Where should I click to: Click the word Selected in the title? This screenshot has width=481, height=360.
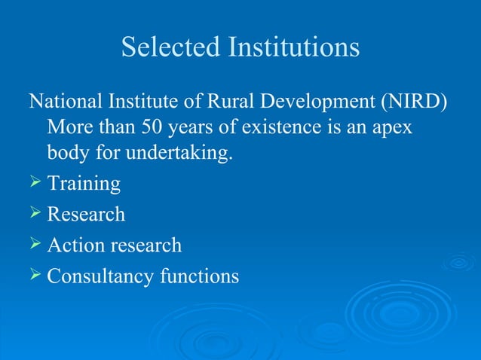tap(168, 47)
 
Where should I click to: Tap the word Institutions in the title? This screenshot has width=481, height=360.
tap(291, 47)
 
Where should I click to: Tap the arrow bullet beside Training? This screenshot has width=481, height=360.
tap(35, 183)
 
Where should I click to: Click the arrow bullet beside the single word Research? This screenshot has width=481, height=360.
tap(35, 214)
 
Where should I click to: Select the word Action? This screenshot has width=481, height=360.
tap(78, 245)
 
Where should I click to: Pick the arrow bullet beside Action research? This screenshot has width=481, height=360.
tap(35, 245)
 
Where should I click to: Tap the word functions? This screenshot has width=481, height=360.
tap(199, 276)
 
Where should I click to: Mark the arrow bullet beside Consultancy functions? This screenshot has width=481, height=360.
tap(35, 276)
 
